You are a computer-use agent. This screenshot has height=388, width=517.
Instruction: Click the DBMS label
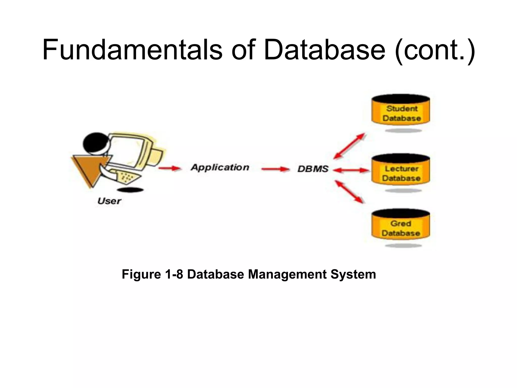(313, 169)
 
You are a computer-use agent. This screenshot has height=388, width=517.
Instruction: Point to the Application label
(220, 167)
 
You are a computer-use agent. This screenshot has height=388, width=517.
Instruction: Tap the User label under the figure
(109, 201)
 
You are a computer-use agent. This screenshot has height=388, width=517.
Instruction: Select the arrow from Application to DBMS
(275, 169)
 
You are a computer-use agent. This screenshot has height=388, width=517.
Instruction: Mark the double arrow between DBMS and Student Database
(349, 146)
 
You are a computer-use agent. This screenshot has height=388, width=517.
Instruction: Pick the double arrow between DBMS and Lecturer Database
(351, 171)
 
